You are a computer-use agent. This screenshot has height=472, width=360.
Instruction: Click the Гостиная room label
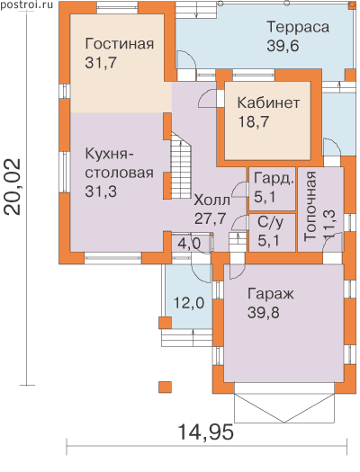click(x=120, y=44)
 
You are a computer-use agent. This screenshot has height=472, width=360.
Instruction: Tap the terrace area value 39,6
click(x=283, y=47)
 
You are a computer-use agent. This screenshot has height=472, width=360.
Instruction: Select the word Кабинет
click(x=268, y=103)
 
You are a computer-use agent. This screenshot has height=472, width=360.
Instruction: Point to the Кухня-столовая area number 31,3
click(x=101, y=191)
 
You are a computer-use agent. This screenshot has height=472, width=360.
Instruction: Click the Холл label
click(x=211, y=200)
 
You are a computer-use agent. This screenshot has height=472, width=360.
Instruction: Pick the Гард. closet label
click(x=274, y=179)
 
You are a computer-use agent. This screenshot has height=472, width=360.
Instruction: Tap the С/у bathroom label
click(x=270, y=223)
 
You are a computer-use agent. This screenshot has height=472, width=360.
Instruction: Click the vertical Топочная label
click(x=310, y=207)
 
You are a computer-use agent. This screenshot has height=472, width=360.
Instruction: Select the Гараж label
click(x=271, y=294)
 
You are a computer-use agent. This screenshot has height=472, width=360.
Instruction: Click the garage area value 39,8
click(x=264, y=313)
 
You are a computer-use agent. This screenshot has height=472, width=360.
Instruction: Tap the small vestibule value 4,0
click(x=189, y=244)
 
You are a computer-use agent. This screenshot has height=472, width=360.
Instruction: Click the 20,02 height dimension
click(x=13, y=187)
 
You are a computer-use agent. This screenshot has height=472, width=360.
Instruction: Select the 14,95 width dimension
click(x=206, y=432)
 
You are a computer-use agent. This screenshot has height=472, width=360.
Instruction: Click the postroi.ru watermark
click(x=26, y=5)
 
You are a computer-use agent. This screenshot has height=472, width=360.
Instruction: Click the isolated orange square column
click(x=165, y=387)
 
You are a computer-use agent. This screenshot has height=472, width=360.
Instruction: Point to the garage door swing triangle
click(x=284, y=407)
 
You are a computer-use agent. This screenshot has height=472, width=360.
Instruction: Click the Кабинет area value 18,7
click(x=254, y=122)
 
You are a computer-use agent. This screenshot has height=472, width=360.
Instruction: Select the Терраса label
click(x=298, y=27)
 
